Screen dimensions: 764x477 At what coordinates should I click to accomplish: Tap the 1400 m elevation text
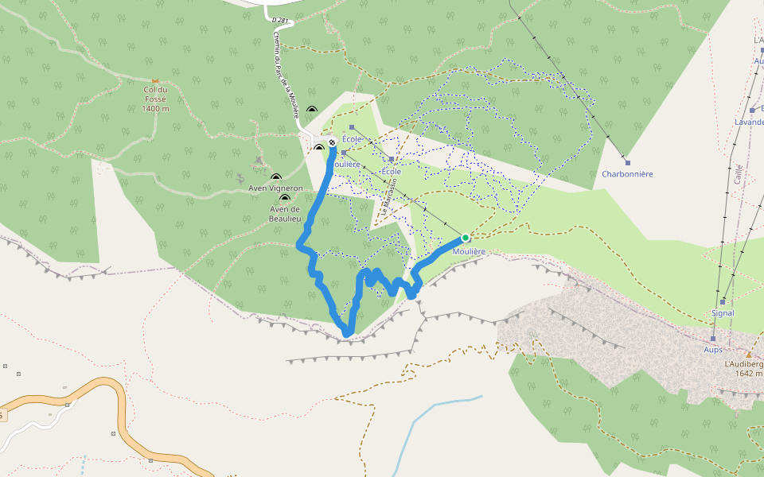(156, 108)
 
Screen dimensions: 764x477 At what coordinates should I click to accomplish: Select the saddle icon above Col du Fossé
(155, 80)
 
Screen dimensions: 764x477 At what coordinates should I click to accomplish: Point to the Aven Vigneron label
(275, 188)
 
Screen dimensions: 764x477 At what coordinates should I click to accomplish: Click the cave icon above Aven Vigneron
(275, 178)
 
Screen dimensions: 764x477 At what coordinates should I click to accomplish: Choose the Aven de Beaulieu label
(284, 213)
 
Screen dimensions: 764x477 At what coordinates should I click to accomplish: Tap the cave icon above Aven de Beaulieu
(284, 198)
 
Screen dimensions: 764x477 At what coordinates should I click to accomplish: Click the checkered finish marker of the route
(332, 143)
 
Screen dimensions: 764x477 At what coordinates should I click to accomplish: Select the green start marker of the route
(466, 238)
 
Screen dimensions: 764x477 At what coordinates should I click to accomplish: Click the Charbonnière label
(627, 173)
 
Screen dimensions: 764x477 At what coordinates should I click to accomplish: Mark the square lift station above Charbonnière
(627, 163)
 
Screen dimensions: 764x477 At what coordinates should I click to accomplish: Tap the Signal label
(723, 312)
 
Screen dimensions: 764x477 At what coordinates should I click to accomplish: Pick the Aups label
(712, 349)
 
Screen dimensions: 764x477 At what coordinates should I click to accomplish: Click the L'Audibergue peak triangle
(749, 354)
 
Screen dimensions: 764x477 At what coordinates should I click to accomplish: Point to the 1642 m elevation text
(749, 373)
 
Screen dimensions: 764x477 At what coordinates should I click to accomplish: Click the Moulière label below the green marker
(469, 251)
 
